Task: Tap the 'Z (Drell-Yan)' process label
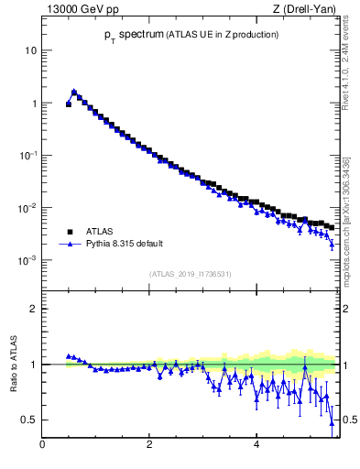pos(303,10)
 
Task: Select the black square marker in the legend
pos(68,233)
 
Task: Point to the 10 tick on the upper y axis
pos(30,50)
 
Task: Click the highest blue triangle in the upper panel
pos(74,92)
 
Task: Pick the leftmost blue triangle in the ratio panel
pos(69,356)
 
